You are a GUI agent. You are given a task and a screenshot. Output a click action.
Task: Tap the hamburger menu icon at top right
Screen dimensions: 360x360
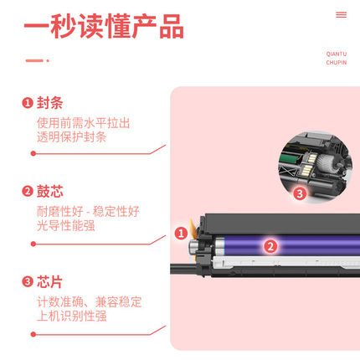(x=341, y=14)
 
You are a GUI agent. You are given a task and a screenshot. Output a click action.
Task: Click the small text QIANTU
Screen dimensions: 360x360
(x=337, y=53)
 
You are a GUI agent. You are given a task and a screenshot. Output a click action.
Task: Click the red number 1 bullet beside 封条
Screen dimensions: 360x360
(x=28, y=103)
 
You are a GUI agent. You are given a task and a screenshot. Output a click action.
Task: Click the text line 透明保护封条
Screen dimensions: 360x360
(x=72, y=138)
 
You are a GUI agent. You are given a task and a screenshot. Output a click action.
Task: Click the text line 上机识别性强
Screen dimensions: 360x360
(x=72, y=316)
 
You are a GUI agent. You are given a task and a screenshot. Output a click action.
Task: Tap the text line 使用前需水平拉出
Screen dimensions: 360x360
(x=83, y=122)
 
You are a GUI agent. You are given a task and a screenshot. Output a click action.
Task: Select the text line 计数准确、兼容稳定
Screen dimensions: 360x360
(x=89, y=300)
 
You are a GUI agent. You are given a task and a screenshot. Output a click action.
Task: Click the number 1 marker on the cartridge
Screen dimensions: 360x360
(x=180, y=234)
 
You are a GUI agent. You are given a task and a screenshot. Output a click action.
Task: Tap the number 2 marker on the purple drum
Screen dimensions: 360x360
(x=270, y=245)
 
